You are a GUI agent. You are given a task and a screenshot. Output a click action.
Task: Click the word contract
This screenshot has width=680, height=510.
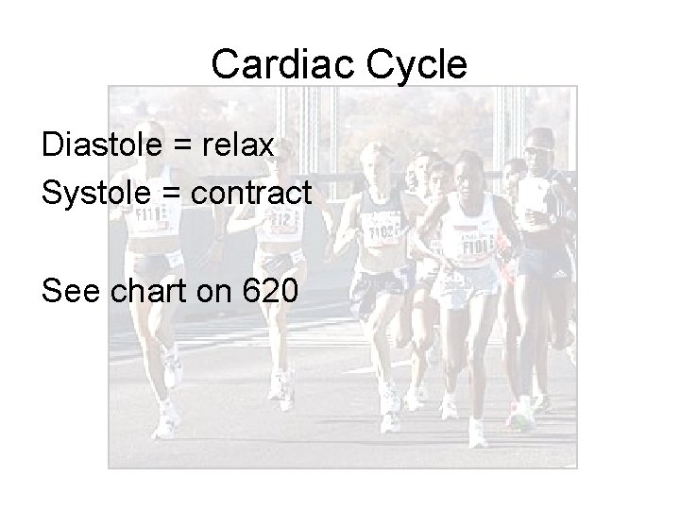point(251,193)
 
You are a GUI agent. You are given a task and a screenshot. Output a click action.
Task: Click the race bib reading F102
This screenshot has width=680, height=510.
point(382,230)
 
